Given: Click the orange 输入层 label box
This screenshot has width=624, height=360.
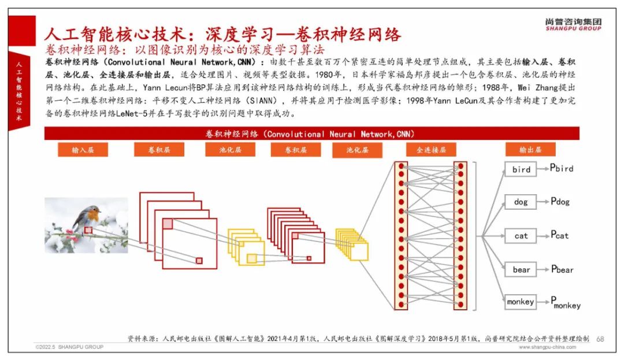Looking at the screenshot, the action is pos(83,150).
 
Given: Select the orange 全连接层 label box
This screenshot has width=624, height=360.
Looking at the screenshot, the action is pos(431,150).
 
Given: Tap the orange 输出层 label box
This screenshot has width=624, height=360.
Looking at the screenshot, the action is pos(530,150).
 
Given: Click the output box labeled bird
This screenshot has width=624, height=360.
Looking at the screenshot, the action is pos(521,169).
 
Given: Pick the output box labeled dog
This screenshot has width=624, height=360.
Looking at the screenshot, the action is pos(521,202).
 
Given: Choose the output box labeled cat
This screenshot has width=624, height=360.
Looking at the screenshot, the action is pos(521,236).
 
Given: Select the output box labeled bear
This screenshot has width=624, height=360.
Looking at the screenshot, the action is pos(521,270).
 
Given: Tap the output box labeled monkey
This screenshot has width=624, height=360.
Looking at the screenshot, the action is pos(521,302).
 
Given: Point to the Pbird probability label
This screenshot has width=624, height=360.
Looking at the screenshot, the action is pos(562,168).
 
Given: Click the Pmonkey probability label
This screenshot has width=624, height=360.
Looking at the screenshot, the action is pos(566,303).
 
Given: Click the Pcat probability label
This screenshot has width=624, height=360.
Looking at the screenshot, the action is pos(559,235).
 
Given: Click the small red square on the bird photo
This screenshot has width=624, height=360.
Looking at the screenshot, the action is pos(88,230).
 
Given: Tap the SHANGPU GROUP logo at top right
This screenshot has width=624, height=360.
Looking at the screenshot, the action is pos(573,24).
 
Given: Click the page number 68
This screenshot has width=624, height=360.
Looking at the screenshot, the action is pos(600,339).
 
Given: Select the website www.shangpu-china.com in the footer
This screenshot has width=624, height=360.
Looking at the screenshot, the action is pos(547,347).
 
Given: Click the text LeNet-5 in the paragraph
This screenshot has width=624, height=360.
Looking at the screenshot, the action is pos(132,114).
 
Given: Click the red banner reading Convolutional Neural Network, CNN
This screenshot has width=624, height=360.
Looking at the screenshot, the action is pos(311,133).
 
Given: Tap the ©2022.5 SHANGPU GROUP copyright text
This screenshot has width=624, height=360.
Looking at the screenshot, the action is pos(70,347).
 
